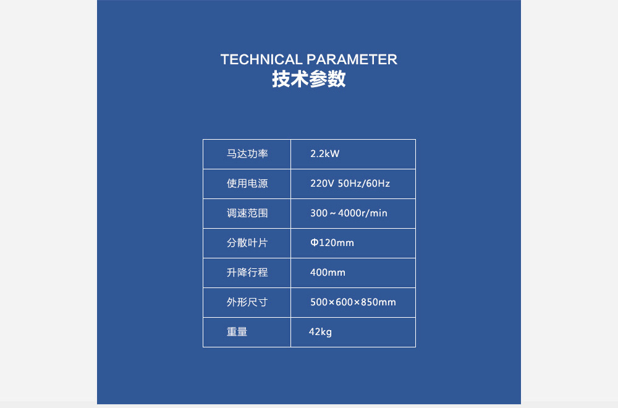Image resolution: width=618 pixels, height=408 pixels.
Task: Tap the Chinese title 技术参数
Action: pos(308,79)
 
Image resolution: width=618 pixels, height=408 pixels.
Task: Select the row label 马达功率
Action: pos(247,154)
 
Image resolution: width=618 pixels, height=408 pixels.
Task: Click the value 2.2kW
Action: pos(325,154)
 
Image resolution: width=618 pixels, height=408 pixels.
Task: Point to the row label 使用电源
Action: pos(247,184)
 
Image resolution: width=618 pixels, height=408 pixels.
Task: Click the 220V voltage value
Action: pos(322,184)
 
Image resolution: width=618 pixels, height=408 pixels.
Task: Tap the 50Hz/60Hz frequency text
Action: pos(364,184)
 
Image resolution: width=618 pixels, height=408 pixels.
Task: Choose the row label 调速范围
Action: pos(247,213)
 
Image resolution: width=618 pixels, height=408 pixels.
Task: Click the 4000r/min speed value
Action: pos(363,213)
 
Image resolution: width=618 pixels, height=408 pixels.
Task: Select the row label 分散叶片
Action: pos(247,243)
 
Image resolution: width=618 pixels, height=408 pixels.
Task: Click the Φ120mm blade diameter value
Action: pos(332,243)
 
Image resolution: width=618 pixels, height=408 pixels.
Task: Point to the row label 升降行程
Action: pos(247,273)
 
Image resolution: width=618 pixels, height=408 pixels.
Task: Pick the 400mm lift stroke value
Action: pos(328,273)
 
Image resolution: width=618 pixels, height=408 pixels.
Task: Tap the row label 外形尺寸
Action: pos(247,302)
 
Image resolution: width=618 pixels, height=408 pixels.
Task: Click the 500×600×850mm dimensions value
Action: pos(353,302)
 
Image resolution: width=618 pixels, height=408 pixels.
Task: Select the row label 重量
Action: pos(237,332)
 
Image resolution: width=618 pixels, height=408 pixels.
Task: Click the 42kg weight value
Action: pos(320,332)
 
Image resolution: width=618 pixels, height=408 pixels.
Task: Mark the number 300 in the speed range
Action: pos(319,213)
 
